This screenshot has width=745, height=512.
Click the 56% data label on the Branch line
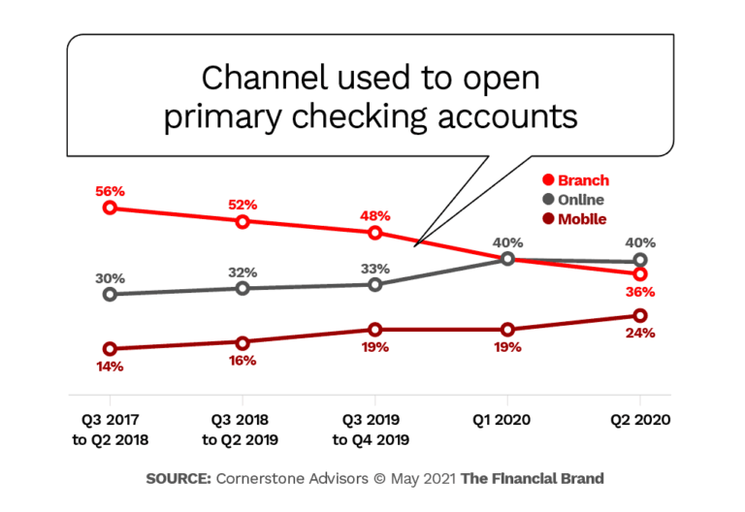click(110, 192)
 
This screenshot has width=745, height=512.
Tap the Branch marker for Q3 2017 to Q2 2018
click(110, 208)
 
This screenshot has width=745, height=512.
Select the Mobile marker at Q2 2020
click(639, 315)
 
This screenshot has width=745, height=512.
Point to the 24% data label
click(640, 333)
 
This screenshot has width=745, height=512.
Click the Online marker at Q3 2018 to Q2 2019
click(243, 289)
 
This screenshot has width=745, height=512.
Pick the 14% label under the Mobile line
click(110, 367)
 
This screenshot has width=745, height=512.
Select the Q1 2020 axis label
click(506, 422)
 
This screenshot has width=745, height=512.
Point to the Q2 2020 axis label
click(639, 422)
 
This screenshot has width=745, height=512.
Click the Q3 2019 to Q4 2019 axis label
click(374, 431)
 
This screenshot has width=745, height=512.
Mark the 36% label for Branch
click(640, 292)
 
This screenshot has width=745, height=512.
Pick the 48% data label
click(374, 216)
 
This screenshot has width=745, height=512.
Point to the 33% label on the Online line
click(374, 269)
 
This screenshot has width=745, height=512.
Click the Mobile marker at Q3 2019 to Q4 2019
click(374, 330)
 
